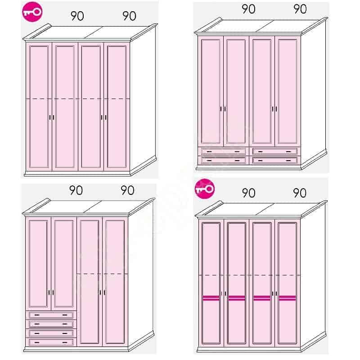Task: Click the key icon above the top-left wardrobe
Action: point(32,12)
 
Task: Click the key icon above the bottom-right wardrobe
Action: point(205,189)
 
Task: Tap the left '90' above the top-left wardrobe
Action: point(77,16)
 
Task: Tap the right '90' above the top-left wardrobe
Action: point(129,16)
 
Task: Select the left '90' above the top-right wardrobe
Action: point(248,9)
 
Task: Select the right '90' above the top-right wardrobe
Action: point(300,9)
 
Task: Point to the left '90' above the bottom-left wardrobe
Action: point(76,190)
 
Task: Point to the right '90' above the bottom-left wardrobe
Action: point(127,190)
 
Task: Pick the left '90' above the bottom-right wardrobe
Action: point(248,193)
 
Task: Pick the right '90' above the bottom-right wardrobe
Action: point(300,193)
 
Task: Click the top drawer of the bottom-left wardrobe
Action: point(51,315)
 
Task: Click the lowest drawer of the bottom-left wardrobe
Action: point(51,342)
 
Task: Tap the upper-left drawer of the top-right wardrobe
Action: point(223,152)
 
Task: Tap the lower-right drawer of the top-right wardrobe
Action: point(275,160)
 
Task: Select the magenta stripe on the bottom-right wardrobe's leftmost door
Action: point(211,298)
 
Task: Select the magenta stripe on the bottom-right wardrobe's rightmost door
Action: point(287,298)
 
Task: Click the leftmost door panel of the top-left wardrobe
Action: point(39,107)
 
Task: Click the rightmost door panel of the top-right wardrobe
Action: point(288,91)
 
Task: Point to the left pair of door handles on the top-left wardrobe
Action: point(52,117)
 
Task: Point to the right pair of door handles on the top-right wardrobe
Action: point(274,109)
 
